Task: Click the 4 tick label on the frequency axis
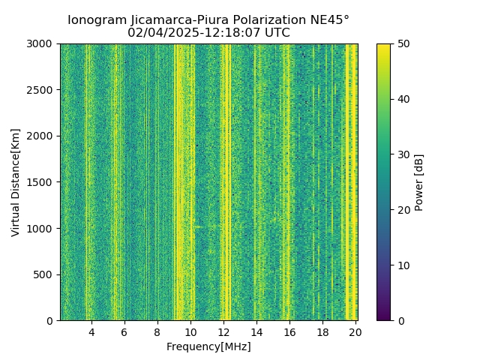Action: coord(91,331)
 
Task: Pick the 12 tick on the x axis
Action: coord(223,331)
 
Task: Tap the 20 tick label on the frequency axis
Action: coord(355,331)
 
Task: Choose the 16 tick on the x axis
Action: coord(289,331)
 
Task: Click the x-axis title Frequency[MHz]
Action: coord(208,346)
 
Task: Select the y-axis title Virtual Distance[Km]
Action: coord(16,182)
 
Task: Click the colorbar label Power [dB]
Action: coord(419,182)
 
